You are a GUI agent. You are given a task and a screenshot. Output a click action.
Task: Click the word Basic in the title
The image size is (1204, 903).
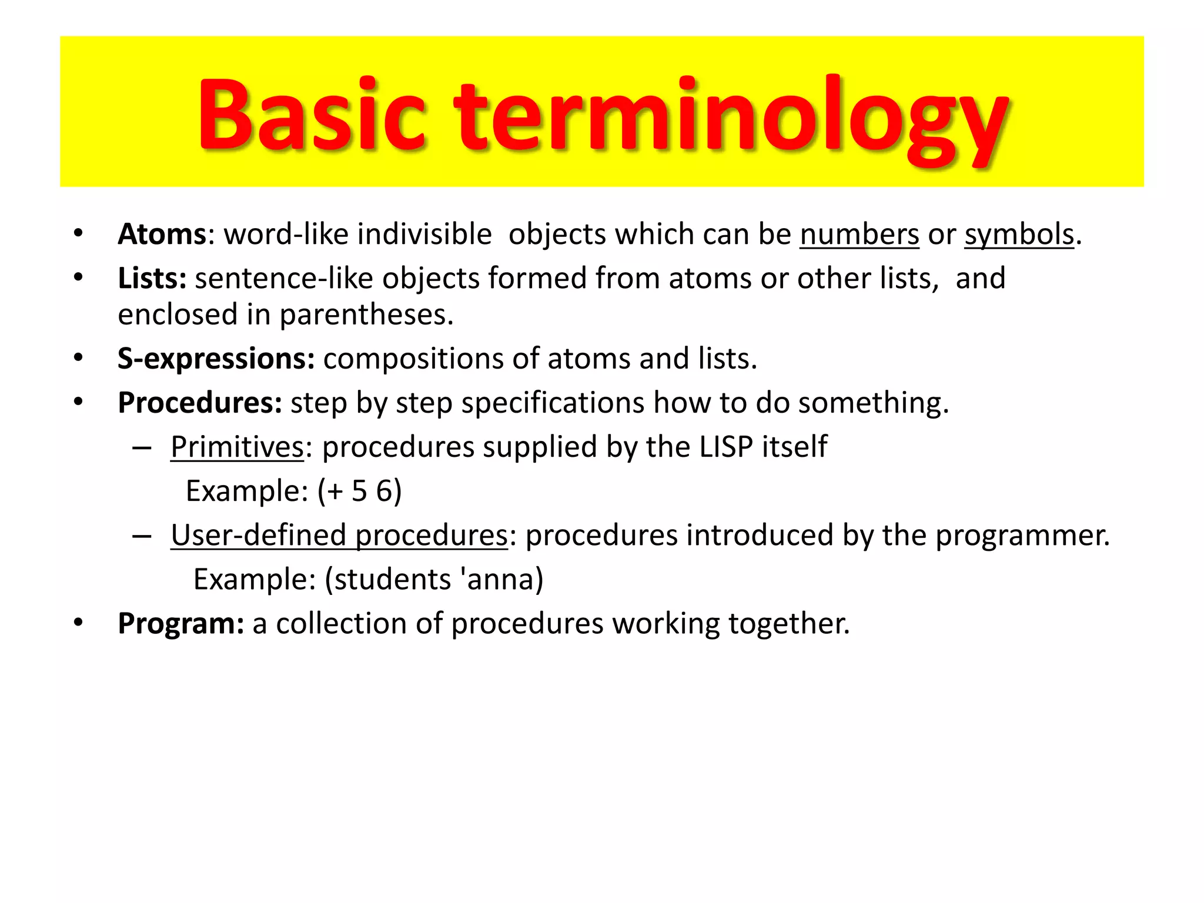pyautogui.click(x=312, y=115)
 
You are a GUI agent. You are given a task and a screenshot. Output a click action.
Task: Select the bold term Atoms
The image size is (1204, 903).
pyautogui.click(x=162, y=235)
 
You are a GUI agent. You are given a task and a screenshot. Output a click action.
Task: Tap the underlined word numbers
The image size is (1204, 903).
pyautogui.click(x=859, y=235)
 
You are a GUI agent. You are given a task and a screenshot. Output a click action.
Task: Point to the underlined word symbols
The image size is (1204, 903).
pyautogui.click(x=1019, y=235)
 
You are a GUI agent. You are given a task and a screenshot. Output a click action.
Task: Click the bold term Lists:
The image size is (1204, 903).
pyautogui.click(x=152, y=278)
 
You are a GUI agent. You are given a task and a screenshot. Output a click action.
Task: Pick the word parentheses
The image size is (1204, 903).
pyautogui.click(x=366, y=315)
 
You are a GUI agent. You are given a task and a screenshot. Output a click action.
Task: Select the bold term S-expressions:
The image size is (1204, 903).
pyautogui.click(x=216, y=359)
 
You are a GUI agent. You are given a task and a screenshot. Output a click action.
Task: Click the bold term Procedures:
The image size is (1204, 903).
pyautogui.click(x=200, y=403)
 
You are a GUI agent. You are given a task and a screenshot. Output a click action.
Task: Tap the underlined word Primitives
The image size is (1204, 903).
pyautogui.click(x=237, y=447)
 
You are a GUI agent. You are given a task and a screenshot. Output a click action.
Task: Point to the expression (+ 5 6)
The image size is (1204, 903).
pyautogui.click(x=359, y=491)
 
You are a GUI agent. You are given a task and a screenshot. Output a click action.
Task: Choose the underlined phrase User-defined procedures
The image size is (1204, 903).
pyautogui.click(x=339, y=536)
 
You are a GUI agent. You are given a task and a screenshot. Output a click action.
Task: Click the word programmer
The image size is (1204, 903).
pyautogui.click(x=1022, y=536)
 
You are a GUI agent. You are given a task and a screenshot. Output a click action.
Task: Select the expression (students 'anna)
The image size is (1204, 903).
pyautogui.click(x=434, y=580)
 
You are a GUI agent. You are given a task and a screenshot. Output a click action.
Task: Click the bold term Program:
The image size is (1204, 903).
pyautogui.click(x=180, y=624)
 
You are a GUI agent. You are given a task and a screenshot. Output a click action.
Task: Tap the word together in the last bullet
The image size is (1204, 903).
pyautogui.click(x=789, y=624)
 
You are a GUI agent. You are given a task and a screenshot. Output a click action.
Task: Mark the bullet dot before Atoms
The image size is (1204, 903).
pyautogui.click(x=78, y=233)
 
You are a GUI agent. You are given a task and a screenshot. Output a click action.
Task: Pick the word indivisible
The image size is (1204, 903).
pyautogui.click(x=424, y=235)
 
